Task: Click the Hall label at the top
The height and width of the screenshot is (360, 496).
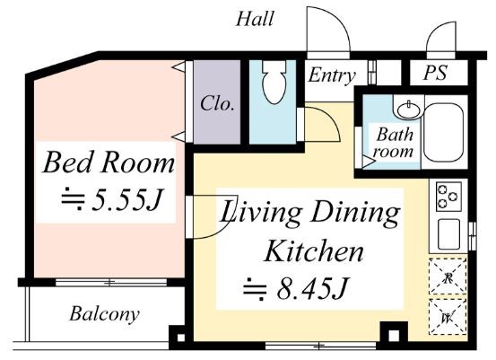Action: pyautogui.click(x=255, y=19)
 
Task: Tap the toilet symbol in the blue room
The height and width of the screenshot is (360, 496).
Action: pyautogui.click(x=274, y=82)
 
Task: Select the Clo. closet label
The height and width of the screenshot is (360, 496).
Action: pyautogui.click(x=217, y=103)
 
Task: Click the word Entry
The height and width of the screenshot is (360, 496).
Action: pyautogui.click(x=332, y=76)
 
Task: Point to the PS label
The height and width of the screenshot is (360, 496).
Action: pyautogui.click(x=435, y=73)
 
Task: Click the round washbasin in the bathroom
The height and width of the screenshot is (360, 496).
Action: pyautogui.click(x=409, y=110)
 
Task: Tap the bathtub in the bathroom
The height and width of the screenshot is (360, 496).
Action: pyautogui.click(x=444, y=132)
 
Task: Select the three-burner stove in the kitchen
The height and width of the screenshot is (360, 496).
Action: pyautogui.click(x=448, y=197)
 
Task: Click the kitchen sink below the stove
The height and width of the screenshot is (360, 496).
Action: pyautogui.click(x=448, y=234)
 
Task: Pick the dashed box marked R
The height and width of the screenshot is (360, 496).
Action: pyautogui.click(x=448, y=277)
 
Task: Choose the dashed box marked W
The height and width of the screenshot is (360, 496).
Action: pyautogui.click(x=448, y=317)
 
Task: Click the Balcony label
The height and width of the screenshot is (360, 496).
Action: pyautogui.click(x=104, y=314)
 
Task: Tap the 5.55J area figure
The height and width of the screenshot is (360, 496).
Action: pyautogui.click(x=112, y=200)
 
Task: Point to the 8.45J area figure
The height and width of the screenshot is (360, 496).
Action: pyautogui.click(x=296, y=288)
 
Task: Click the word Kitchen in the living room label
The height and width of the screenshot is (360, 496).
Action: pyautogui.click(x=314, y=251)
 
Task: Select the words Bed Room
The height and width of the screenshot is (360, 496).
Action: pyautogui.click(x=109, y=162)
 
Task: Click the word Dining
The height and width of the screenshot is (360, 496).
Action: pyautogui.click(x=355, y=213)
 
